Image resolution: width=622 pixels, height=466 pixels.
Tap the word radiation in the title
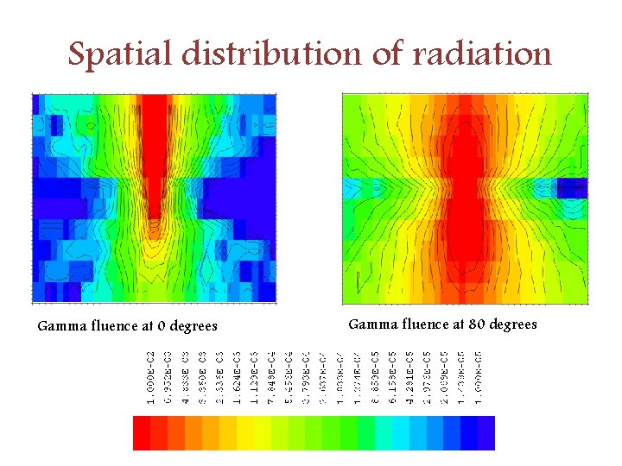482,54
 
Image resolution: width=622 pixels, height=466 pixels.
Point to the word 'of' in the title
387,54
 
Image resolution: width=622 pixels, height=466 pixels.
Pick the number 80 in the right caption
477,324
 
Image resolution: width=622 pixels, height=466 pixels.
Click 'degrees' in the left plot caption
194,326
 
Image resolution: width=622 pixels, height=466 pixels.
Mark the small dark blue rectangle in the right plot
571,187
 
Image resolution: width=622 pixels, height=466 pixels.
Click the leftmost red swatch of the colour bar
141,432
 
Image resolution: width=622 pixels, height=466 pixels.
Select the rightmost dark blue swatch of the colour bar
486,432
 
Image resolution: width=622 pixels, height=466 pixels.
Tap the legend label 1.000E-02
150,378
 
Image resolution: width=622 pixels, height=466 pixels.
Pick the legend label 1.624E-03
236,378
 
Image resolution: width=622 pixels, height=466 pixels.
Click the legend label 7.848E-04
270,378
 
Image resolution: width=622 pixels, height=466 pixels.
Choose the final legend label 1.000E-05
479,378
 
